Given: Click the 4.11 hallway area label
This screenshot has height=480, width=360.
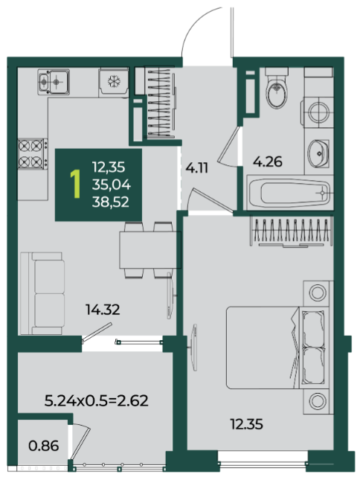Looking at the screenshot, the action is [197, 167].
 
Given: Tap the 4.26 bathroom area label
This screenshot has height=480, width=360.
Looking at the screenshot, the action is [267, 161].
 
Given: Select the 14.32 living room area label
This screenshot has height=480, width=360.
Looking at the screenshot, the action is [103, 310].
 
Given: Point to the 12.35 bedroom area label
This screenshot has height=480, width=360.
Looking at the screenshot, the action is [246, 424].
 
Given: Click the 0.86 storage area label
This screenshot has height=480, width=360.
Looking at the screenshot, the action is [43, 446].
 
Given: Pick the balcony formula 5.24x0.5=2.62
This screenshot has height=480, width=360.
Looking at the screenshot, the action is [97, 400].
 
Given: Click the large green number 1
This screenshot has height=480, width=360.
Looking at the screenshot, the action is [75, 184].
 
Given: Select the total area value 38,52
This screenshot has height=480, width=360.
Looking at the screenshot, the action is [110, 202].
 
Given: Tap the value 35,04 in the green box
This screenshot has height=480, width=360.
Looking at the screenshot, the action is [112, 185].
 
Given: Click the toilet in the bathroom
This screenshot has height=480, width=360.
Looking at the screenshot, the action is [277, 88].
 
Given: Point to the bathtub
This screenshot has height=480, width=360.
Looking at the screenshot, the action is [289, 193].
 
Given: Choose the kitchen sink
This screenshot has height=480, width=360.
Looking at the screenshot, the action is [54, 82].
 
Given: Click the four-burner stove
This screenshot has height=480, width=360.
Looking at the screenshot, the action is [33, 153].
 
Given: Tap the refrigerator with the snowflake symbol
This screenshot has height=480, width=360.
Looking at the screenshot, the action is [114, 83].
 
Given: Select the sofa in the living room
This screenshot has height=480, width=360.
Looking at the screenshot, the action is [42, 293].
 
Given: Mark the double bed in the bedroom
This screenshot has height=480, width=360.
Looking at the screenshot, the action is [277, 348].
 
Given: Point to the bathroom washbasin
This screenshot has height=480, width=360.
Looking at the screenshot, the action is [318, 153].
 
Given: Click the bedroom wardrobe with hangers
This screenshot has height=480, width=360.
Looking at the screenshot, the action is [292, 231].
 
